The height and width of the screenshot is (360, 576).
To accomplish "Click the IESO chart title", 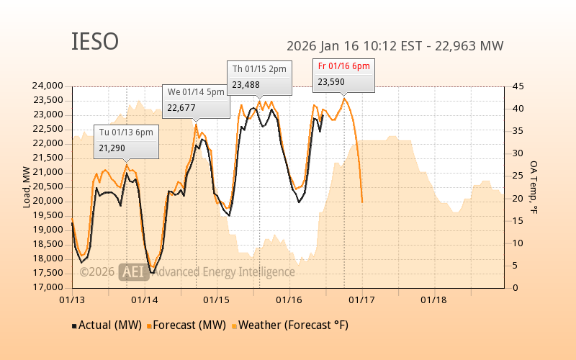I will tap(95, 42).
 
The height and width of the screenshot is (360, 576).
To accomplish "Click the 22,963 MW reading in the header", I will tap(472, 46).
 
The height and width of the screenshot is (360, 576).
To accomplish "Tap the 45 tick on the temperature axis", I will tap(518, 86).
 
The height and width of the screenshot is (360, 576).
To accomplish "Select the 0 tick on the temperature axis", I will tap(515, 287).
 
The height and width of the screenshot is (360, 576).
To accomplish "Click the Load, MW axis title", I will tap(27, 187).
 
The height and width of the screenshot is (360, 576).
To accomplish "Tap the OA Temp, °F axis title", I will tap(534, 187).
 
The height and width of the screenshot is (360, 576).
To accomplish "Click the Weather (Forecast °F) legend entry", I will tap(289, 325).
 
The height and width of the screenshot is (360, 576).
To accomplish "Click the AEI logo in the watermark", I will tap(134, 271).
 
